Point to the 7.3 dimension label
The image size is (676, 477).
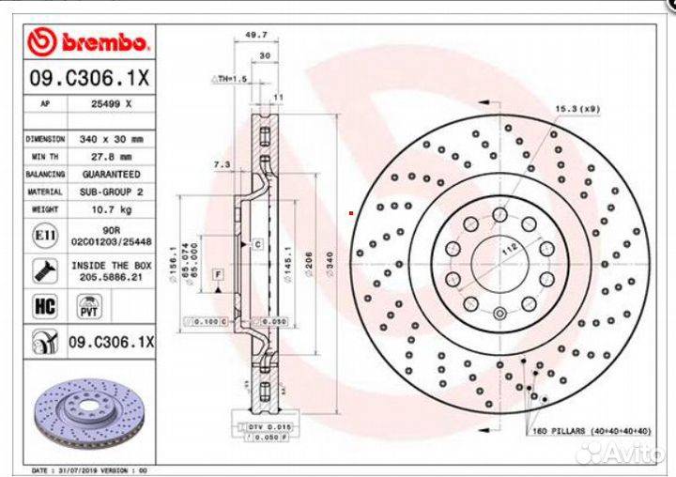tap(223, 164)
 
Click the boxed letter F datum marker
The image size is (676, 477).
tap(217, 274)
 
